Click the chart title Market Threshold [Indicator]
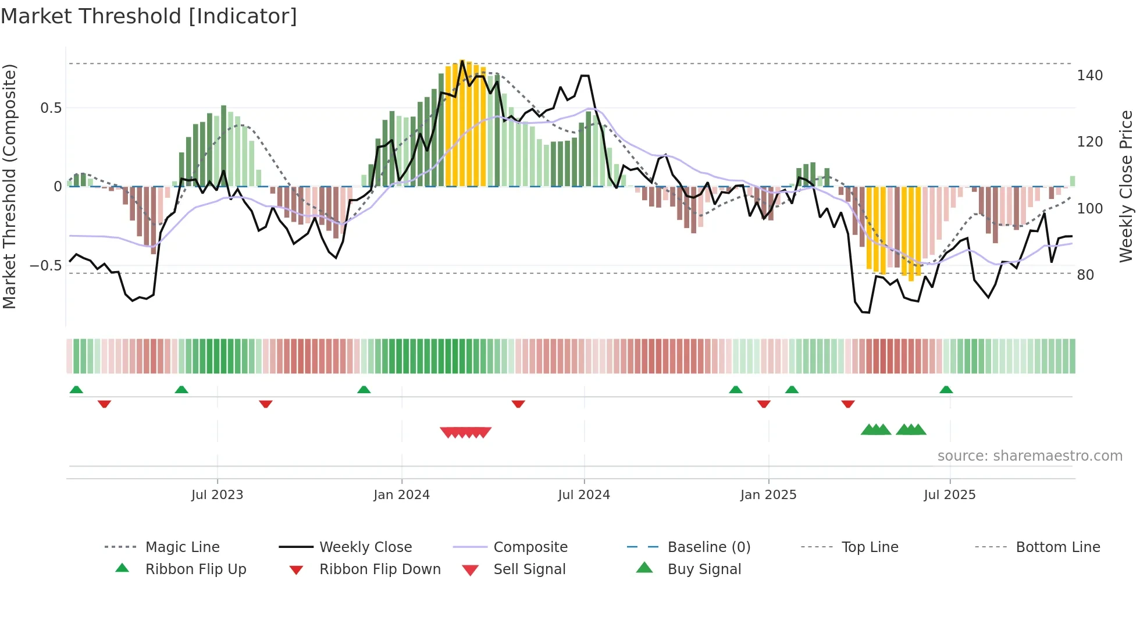tap(149, 16)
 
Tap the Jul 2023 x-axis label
tap(217, 495)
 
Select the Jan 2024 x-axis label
tap(401, 495)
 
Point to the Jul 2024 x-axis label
tap(584, 495)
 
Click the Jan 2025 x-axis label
tap(768, 495)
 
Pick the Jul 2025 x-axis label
tap(950, 495)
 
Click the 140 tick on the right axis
tap(1089, 76)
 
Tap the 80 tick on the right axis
tap(1085, 275)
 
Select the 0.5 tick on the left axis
tap(51, 108)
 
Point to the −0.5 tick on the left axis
tap(46, 266)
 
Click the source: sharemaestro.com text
tap(1029, 456)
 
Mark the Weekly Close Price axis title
tap(1126, 186)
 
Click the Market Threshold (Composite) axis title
tap(9, 186)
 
